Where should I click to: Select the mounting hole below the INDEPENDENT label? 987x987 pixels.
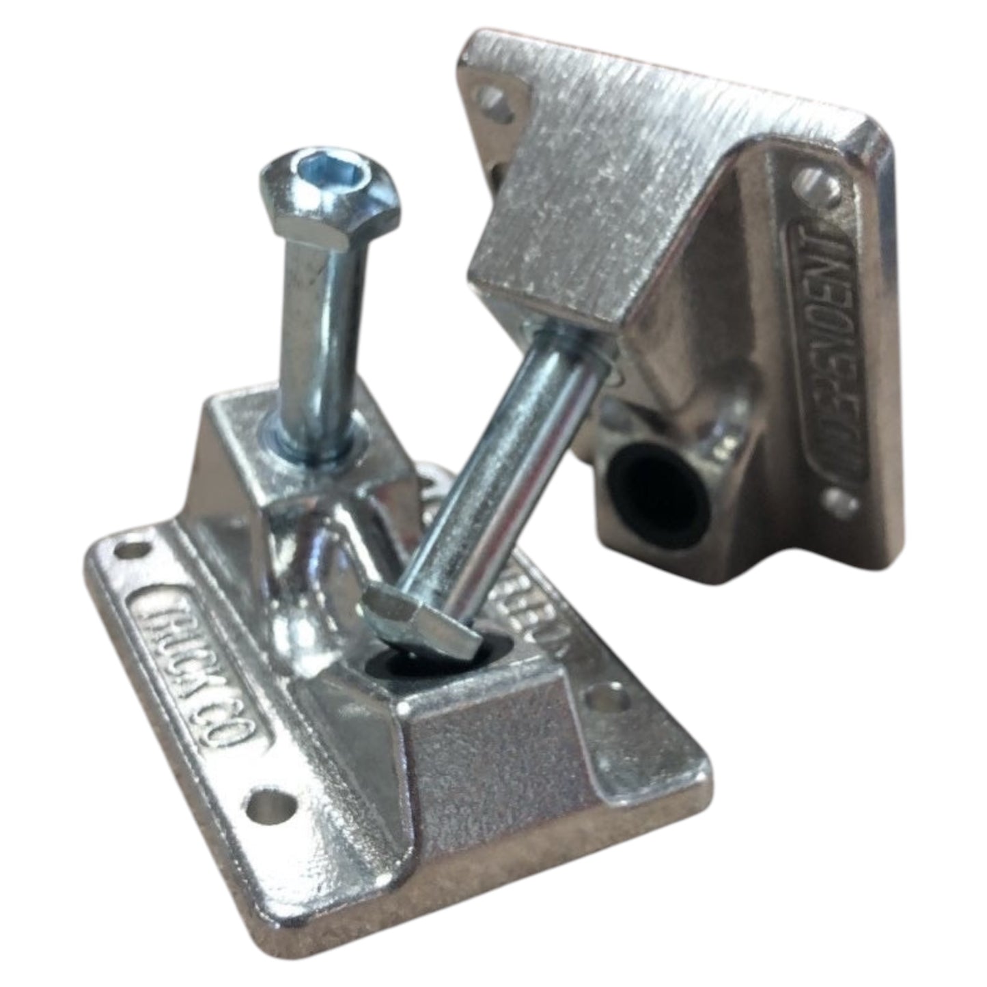[x=845, y=503]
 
